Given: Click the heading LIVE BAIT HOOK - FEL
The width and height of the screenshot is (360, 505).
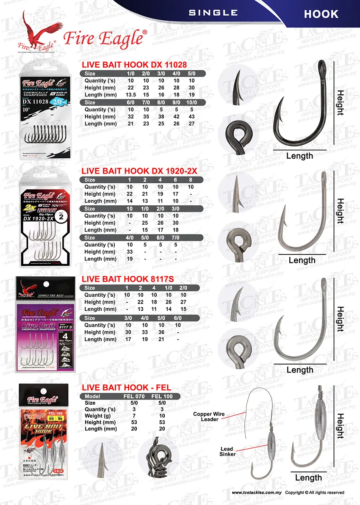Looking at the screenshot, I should click(x=126, y=387).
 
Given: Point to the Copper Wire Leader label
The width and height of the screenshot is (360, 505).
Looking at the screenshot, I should click(x=209, y=417).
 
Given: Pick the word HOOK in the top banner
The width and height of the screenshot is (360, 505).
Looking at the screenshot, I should click(x=321, y=14).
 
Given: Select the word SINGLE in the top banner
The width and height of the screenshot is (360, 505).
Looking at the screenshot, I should click(x=213, y=13).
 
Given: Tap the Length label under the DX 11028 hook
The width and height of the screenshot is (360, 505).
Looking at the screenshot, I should click(x=299, y=156).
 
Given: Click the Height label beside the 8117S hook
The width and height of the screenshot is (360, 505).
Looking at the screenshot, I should click(x=340, y=320).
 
